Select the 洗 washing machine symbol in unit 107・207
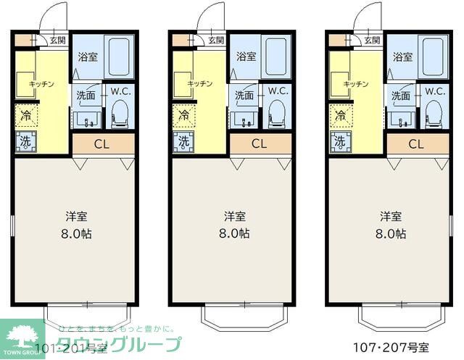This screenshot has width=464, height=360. (x=339, y=142)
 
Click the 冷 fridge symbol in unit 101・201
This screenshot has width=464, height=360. (x=25, y=114)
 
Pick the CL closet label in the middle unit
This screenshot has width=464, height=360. (x=259, y=143)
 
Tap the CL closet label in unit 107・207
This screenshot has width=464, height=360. (x=416, y=143)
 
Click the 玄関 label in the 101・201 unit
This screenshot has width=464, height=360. (x=58, y=41)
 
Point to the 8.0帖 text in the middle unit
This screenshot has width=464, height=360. (x=233, y=233)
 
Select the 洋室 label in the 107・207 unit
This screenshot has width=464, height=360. (x=391, y=216)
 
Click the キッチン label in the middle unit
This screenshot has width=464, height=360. (x=199, y=84)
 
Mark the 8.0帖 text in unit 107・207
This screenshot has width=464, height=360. (x=391, y=233)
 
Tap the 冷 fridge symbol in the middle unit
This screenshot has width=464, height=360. (x=183, y=114)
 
